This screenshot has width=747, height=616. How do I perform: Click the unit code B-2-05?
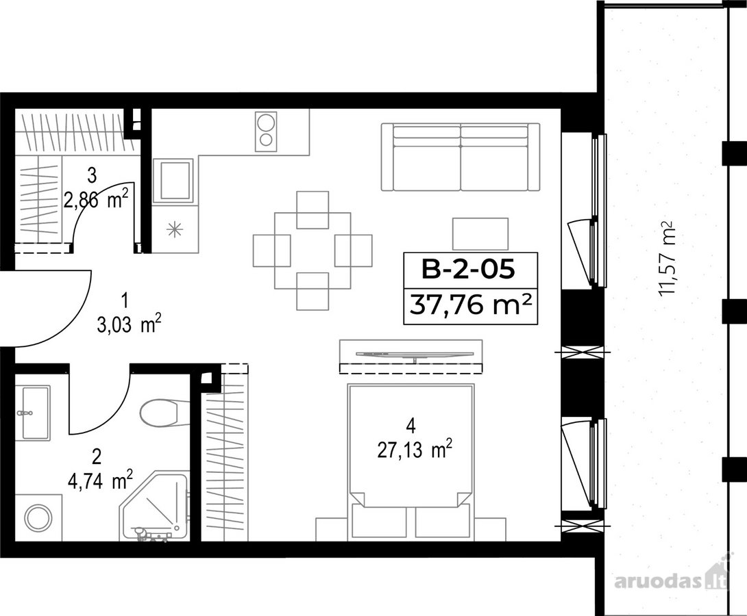pyautogui.click(x=468, y=270)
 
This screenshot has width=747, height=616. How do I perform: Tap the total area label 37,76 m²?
pyautogui.click(x=470, y=305)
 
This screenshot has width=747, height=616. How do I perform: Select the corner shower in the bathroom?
pyautogui.click(x=154, y=506)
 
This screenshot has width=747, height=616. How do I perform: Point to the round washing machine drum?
pyautogui.click(x=38, y=517)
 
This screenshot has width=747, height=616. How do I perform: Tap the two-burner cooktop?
pyautogui.click(x=266, y=130)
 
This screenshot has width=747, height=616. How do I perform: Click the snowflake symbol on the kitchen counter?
pyautogui.click(x=174, y=230)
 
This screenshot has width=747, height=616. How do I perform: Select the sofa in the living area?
pyautogui.click(x=461, y=157)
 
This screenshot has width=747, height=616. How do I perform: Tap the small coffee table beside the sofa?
pyautogui.click(x=480, y=233)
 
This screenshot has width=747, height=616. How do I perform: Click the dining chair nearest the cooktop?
pyautogui.click(x=313, y=209)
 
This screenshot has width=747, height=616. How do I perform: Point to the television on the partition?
pyautogui.click(x=411, y=354)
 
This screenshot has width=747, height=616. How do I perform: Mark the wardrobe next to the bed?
pyautogui.click(x=224, y=452)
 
